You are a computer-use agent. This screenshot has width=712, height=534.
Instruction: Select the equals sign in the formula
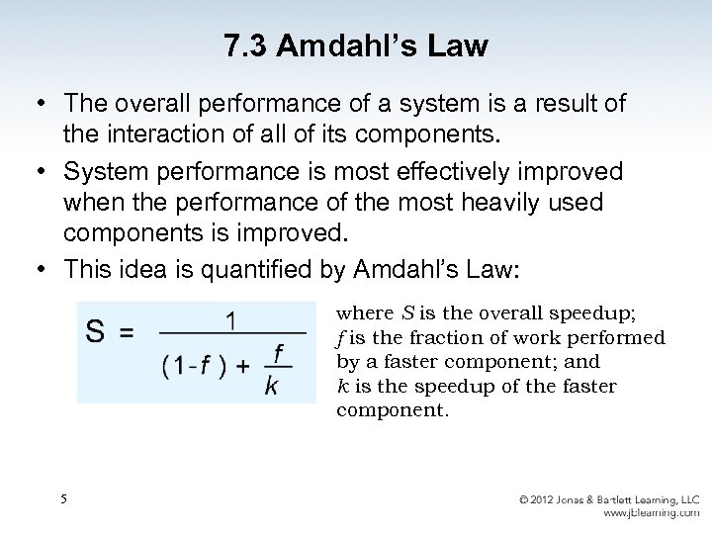click(x=127, y=334)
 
